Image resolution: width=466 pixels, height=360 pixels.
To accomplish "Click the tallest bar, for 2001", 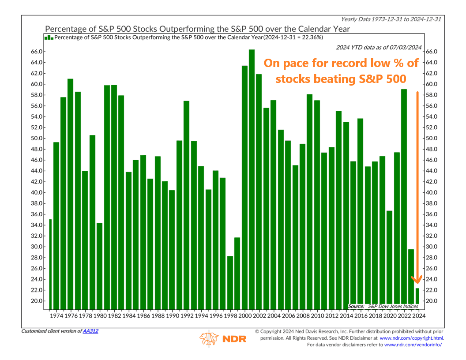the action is tap(252, 180).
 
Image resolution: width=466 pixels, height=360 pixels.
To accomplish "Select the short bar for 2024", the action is tap(417, 299).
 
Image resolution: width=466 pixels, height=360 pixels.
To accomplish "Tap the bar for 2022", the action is tap(404, 199).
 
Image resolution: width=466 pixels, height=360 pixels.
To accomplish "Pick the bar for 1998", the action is tap(230, 283).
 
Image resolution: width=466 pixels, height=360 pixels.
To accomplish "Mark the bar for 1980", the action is tap(100, 266).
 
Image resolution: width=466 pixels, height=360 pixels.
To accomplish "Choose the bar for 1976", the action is tap(71, 194).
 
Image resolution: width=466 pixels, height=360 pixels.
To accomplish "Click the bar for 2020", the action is tap(389, 260).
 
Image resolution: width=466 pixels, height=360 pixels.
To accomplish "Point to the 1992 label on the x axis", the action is tap(187, 316).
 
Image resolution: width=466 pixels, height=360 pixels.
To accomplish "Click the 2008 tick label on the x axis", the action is tap(303, 316).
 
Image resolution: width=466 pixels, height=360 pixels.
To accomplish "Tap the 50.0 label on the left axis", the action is tap(36, 139).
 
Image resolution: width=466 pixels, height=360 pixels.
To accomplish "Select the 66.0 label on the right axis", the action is tap(432, 52).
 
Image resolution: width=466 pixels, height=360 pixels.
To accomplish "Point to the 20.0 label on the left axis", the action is tap(36, 301).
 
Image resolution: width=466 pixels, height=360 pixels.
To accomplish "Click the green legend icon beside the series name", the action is tap(49, 38).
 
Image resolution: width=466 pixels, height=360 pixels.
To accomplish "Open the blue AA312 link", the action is tap(90, 331).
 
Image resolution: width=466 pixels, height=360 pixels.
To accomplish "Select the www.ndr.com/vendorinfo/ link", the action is tap(413, 345).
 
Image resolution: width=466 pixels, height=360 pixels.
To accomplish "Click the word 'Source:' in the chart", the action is tap(356, 306).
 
